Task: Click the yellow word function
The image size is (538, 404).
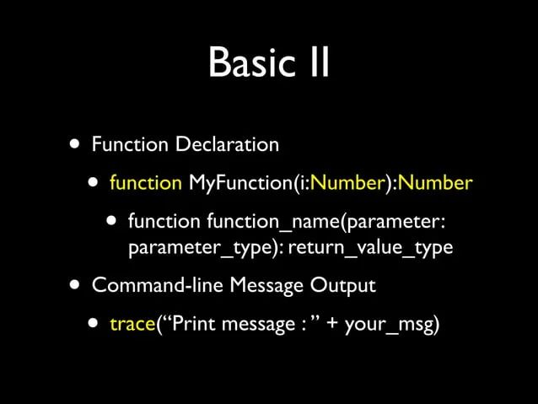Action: coord(146,182)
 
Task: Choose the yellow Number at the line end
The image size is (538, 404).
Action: coord(436,183)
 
